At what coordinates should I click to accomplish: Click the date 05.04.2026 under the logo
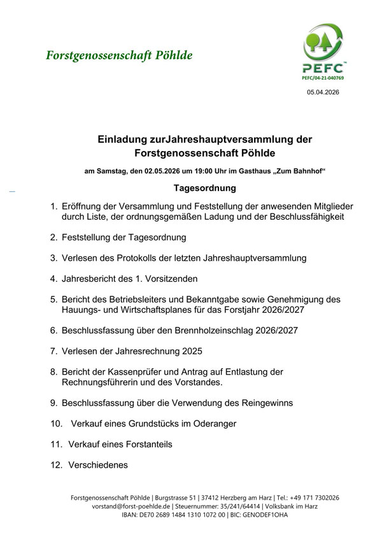pyautogui.click(x=323, y=92)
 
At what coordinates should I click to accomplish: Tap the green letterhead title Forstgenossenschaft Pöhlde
pyautogui.click(x=119, y=55)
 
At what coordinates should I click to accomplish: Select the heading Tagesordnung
pyautogui.click(x=204, y=189)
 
